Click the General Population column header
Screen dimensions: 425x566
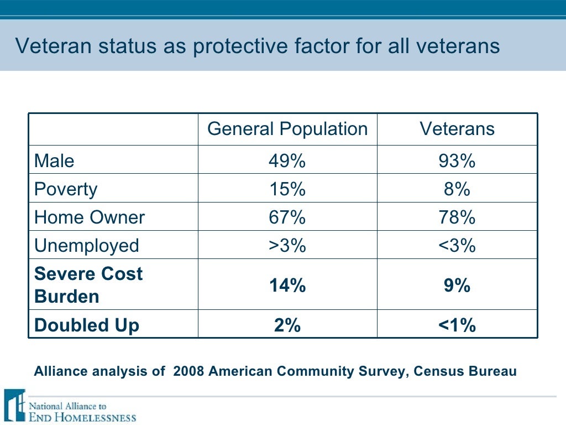click(x=287, y=129)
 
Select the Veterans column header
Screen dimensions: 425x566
click(x=457, y=129)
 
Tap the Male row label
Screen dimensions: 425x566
click(x=54, y=161)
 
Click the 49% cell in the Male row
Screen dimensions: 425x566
click(x=287, y=161)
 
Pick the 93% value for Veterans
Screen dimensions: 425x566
click(x=457, y=161)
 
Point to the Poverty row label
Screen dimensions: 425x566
click(x=65, y=189)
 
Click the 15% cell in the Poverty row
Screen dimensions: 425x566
click(x=287, y=189)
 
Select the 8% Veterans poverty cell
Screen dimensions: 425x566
click(x=457, y=189)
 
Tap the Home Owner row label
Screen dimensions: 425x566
click(x=89, y=217)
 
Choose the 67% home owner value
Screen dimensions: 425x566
click(x=287, y=217)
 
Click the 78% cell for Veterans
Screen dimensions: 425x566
click(x=457, y=217)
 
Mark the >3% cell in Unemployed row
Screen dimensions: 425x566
click(x=287, y=245)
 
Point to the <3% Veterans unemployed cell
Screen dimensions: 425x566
click(x=457, y=245)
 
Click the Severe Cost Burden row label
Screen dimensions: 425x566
click(x=88, y=285)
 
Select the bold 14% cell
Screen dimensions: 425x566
click(x=287, y=286)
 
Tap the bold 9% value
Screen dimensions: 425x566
click(x=457, y=286)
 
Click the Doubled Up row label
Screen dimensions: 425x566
click(x=86, y=325)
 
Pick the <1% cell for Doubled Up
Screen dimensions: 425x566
click(x=457, y=325)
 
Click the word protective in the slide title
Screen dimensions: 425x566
click(x=247, y=46)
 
